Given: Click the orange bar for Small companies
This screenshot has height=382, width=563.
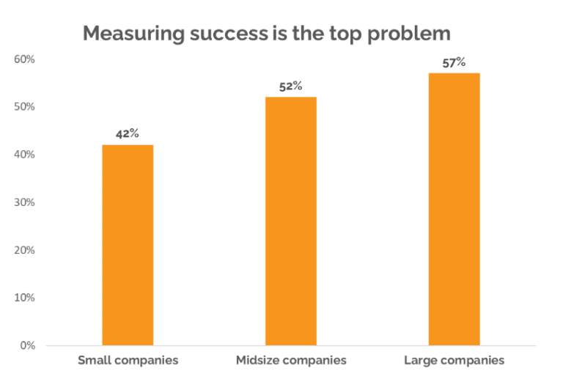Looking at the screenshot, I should point(128,245).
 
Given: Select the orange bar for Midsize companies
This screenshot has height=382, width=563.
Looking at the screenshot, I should point(291,221).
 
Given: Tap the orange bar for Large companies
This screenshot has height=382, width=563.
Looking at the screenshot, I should point(454,209).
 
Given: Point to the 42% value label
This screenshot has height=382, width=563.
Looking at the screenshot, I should point(128,134).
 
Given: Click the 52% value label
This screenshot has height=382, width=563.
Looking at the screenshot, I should point(291,87).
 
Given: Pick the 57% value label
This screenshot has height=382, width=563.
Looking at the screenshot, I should point(454,62).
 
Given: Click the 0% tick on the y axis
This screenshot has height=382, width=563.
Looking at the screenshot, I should point(26,345).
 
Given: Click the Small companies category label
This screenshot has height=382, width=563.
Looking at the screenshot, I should point(128,361).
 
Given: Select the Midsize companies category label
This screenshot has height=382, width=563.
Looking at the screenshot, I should point(291,361).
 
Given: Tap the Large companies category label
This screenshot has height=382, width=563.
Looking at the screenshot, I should point(454,361).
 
